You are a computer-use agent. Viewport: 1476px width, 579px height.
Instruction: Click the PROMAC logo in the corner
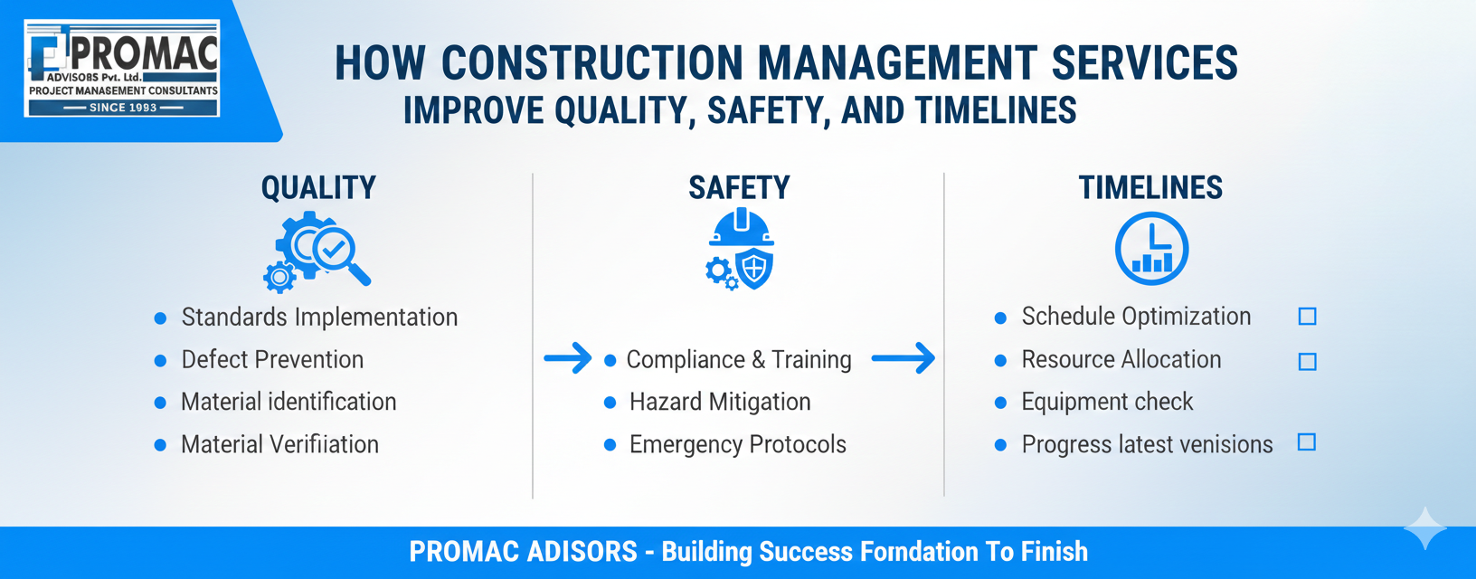[x=122, y=69]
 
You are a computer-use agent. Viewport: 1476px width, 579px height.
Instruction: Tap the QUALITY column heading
[x=318, y=188]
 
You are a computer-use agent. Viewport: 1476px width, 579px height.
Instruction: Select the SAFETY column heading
[x=739, y=188]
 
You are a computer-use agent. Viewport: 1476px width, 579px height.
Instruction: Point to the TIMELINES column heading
[x=1150, y=188]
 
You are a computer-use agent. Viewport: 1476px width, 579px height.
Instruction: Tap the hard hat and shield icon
[x=740, y=250]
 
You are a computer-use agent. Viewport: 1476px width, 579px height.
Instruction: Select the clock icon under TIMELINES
[x=1151, y=249]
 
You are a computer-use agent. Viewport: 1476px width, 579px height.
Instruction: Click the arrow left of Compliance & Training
[x=567, y=358]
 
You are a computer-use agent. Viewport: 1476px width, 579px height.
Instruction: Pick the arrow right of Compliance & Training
[x=904, y=358]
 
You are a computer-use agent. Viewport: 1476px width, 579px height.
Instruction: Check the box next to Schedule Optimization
[x=1307, y=317]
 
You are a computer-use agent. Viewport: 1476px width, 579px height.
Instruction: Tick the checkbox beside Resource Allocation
[x=1307, y=362]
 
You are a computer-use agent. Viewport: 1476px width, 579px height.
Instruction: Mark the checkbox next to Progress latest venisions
[x=1307, y=441]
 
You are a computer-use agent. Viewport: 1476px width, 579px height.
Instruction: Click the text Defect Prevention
[x=272, y=359]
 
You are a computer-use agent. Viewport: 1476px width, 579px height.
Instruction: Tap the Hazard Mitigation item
[x=720, y=402]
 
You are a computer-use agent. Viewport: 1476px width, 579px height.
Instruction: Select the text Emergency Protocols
[x=737, y=444]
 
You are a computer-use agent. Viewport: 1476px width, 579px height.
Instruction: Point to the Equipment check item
[x=1107, y=402]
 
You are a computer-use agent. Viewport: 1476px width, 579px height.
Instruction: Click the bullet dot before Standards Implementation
[x=160, y=318]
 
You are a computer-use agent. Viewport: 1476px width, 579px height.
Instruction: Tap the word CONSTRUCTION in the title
[x=591, y=63]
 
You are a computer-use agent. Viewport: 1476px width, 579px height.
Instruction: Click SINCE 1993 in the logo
[x=123, y=108]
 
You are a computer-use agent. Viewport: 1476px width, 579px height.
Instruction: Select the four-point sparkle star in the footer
[x=1425, y=528]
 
